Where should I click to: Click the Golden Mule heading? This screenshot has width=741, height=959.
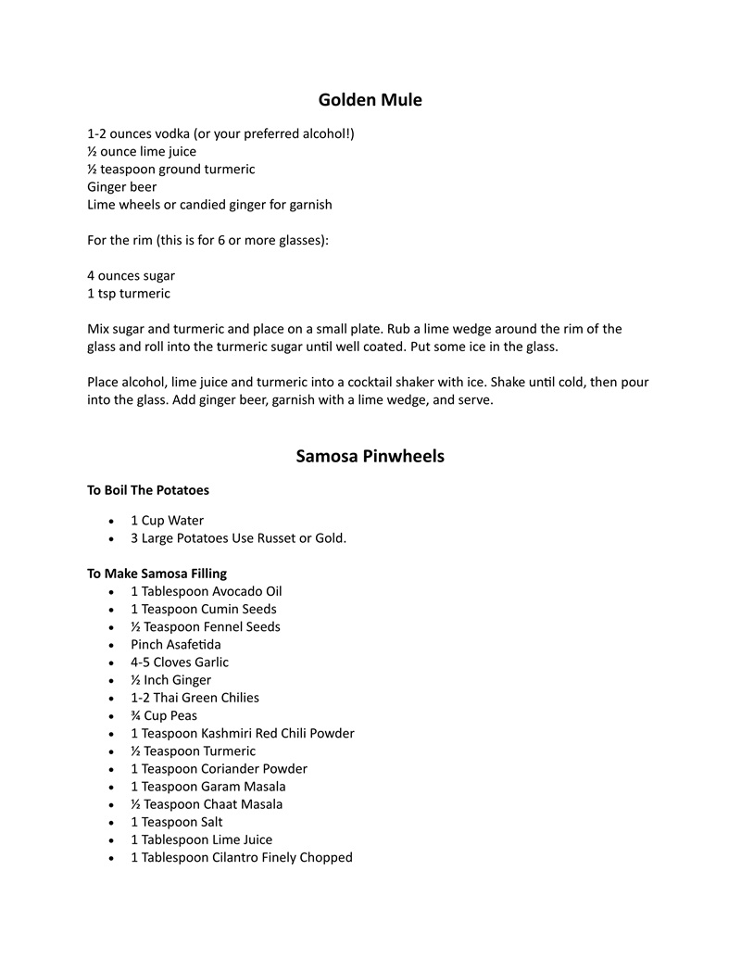[x=370, y=99]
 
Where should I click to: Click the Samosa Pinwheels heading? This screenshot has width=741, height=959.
[x=370, y=456]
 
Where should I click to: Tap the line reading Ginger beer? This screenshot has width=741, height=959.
[x=121, y=186]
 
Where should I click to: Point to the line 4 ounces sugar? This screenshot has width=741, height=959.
[x=131, y=275]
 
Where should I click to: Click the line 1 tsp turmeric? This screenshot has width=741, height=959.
[x=128, y=293]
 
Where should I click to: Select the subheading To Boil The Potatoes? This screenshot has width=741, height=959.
[x=147, y=490]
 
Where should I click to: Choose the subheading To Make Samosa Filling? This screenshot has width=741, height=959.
[x=157, y=574]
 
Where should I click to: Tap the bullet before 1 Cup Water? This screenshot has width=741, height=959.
[x=112, y=521]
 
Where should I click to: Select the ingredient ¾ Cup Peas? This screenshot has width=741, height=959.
[x=163, y=715]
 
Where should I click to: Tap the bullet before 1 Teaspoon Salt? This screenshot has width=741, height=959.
[x=112, y=822]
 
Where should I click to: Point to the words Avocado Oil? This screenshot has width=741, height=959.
[x=247, y=591]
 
